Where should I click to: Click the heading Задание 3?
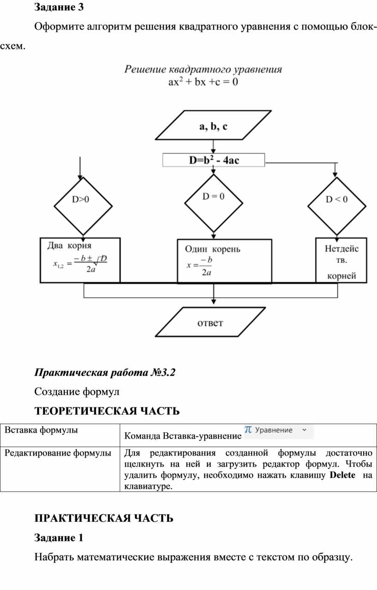pos(59,7)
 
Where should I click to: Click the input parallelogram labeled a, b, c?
pos(213,125)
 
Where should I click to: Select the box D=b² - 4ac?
pos(213,160)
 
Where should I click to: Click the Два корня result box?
pos(80,260)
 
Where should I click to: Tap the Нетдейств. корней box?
pos(341,260)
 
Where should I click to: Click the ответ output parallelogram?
pos(210,322)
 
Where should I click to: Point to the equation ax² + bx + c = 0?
pos(203,83)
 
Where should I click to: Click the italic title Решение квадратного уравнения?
pos(203,70)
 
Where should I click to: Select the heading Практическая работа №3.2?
pos(105,372)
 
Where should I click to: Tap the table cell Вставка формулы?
pos(41,430)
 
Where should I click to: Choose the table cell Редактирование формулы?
pos(58,453)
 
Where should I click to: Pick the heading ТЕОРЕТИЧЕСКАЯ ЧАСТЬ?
pos(107,411)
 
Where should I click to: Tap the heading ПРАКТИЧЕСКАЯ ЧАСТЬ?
pos(104,518)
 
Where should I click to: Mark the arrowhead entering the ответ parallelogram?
pos(213,303)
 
